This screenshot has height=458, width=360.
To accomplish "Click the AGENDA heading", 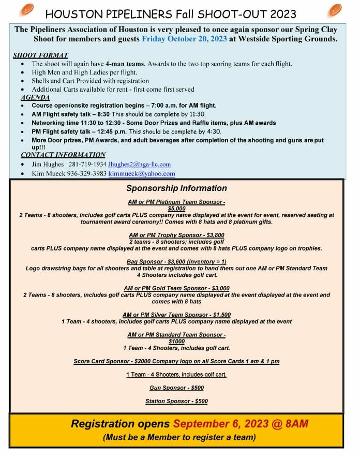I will (35, 97).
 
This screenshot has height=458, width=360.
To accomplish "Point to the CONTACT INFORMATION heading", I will (63, 155).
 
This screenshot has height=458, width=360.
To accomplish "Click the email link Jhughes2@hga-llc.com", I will (139, 165).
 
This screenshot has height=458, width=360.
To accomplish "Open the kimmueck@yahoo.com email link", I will (141, 174).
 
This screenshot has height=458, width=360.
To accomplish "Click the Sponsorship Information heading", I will (176, 188).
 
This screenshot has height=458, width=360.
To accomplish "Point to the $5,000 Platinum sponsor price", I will (176, 209).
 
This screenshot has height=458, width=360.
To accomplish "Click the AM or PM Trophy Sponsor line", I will (176, 235).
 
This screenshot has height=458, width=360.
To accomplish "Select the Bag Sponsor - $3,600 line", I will (176, 262).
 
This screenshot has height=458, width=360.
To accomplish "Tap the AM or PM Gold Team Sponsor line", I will (176, 288).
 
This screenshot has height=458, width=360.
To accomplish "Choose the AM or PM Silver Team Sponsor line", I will (176, 315).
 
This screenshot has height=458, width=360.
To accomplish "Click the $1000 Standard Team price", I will (176, 342).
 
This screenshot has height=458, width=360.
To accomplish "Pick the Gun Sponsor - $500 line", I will (176, 388).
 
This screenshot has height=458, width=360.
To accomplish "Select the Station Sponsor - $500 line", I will (176, 401).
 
